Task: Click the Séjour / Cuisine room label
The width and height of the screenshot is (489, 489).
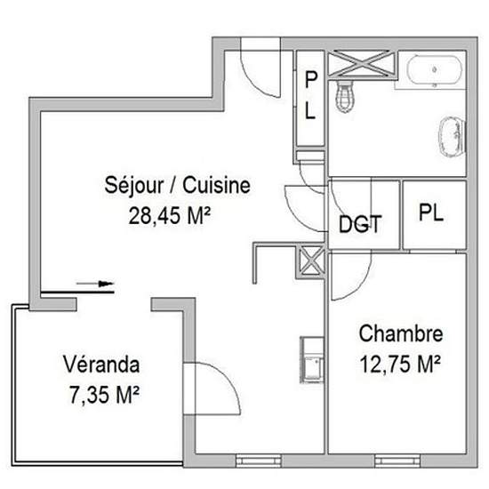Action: click(177, 186)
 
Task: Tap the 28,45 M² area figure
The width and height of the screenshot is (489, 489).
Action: click(170, 215)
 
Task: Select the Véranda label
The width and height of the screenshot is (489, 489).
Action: click(101, 365)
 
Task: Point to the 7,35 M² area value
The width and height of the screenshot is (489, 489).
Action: click(104, 395)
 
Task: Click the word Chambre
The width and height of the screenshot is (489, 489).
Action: click(401, 333)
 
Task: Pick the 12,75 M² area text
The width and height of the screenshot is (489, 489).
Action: click(400, 364)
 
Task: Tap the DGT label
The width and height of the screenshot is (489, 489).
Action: click(360, 224)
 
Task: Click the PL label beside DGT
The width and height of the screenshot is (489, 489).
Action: click(431, 212)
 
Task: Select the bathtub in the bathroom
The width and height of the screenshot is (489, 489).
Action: click(435, 70)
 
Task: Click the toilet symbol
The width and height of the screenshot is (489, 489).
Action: click(345, 95)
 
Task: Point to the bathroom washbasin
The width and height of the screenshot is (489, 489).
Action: click(452, 136)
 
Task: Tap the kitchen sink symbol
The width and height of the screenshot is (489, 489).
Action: click(312, 359)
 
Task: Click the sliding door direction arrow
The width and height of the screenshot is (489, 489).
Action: click(95, 284)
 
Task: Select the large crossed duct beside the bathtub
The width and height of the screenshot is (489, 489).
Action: click(362, 64)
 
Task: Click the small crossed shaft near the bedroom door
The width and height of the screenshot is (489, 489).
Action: click(310, 261)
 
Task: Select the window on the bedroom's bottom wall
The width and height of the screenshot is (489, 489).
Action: click(397, 461)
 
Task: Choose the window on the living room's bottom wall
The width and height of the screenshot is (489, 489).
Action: click(259, 461)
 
